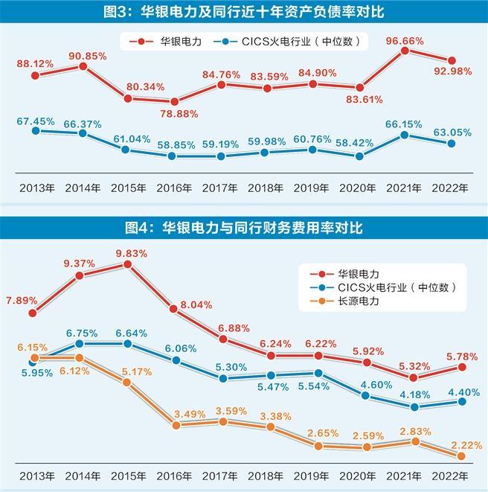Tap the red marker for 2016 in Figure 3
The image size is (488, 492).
(x=174, y=102)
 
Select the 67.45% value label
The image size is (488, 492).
(x=35, y=118)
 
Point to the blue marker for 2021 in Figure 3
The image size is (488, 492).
(x=405, y=135)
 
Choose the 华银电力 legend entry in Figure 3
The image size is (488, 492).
(x=167, y=42)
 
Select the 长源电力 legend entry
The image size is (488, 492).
(x=358, y=301)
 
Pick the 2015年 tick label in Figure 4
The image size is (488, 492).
(x=127, y=476)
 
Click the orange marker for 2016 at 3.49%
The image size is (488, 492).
(x=176, y=425)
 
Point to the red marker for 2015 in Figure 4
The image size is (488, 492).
(x=127, y=264)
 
